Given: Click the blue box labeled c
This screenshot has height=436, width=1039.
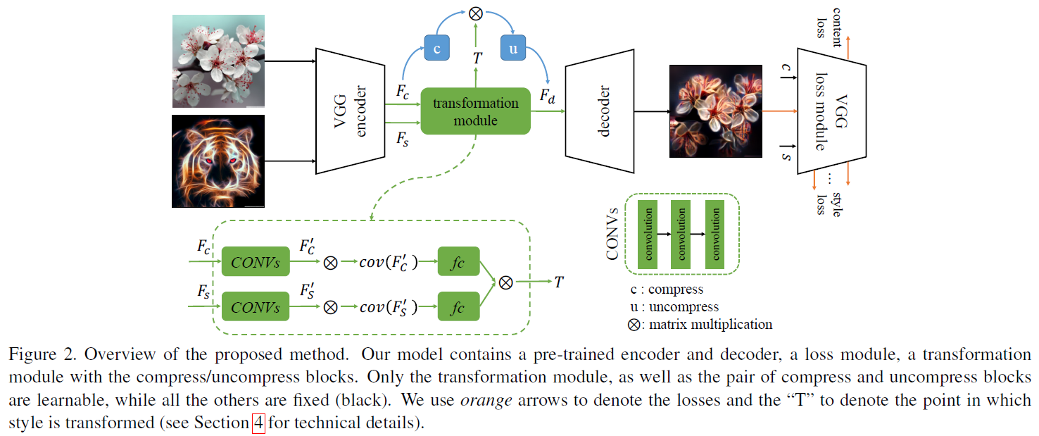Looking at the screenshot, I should click(436, 49).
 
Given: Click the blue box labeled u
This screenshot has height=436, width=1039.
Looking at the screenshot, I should click(512, 49).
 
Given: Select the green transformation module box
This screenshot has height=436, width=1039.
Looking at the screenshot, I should click(475, 111).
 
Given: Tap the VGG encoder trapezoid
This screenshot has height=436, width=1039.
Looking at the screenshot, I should click(349, 111).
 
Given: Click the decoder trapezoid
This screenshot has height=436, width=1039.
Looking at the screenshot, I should click(600, 111).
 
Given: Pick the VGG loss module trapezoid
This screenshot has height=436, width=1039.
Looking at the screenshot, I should click(831, 111).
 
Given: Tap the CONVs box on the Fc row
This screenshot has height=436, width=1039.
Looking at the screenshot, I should click(255, 263).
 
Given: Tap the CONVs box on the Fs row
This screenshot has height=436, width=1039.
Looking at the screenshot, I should click(255, 307).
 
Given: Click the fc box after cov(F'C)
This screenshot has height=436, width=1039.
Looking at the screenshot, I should click(458, 263).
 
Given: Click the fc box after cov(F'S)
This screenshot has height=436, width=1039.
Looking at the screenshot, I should click(458, 307).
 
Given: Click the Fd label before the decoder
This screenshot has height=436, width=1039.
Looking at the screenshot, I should click(547, 97).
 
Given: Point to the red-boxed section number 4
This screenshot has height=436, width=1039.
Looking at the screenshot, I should click(258, 425).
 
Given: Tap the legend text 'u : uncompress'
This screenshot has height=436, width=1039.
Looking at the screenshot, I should click(674, 307).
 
